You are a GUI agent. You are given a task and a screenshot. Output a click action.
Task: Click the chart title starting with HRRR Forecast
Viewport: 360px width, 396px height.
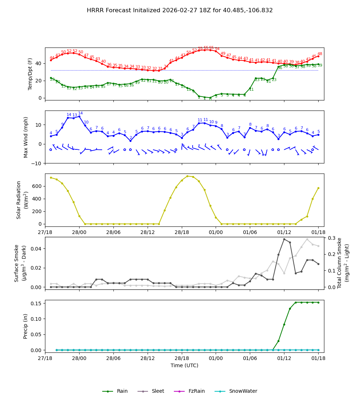180,10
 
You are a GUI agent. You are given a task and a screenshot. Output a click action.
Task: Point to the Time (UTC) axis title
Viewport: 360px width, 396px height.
184,365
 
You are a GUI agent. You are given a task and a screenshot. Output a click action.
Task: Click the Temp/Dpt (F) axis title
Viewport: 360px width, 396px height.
31,74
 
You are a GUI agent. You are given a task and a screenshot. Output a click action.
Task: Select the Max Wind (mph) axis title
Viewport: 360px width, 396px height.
26,137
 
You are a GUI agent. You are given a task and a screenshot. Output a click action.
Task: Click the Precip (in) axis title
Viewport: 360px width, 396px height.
26,326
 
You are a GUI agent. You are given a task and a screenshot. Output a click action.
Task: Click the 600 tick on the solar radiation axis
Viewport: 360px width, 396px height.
37,186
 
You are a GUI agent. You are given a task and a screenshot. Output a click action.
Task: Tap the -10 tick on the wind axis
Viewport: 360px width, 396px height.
37,163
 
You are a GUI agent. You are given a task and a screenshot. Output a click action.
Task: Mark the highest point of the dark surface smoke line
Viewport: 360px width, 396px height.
284,239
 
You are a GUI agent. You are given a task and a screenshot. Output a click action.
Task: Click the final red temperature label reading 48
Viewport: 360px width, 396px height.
320,54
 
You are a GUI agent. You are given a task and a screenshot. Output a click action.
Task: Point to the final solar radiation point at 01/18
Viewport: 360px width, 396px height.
318,188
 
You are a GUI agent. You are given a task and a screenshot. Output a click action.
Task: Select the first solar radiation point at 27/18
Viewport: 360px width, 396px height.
51,177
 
